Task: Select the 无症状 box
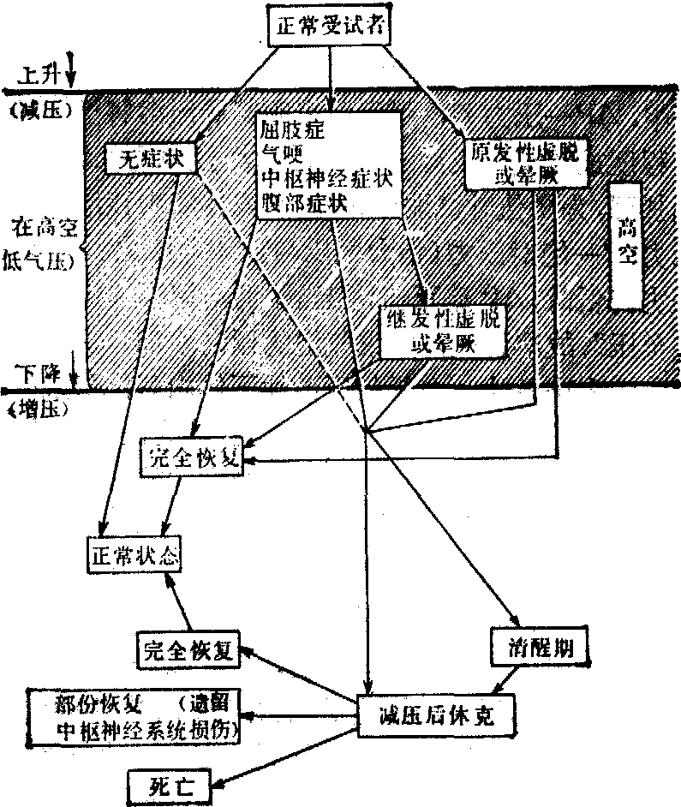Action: point(151,159)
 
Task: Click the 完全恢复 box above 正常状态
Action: point(193,460)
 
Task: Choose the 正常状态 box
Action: point(133,554)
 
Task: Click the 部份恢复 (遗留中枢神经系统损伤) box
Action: point(134,716)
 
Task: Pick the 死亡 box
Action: point(167,782)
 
